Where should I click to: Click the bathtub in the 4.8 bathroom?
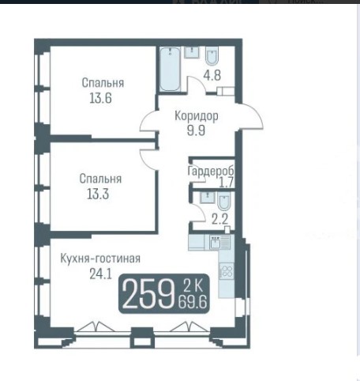point(170,70)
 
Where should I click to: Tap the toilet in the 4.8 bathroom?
point(212,56)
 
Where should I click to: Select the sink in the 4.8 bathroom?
point(192,52)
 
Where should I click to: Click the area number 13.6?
point(100,98)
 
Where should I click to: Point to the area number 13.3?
point(98,194)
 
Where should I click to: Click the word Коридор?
point(197,116)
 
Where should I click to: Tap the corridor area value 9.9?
point(196,130)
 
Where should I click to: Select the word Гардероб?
point(211,172)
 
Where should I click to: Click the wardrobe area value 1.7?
point(227,183)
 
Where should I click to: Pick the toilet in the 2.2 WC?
point(224,201)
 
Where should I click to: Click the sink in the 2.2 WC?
point(208,198)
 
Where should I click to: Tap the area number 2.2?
point(219,219)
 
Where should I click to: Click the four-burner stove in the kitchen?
point(227,271)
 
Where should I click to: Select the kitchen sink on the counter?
point(216,242)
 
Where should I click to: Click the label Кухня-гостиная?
point(100,258)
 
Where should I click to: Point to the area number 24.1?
point(101,274)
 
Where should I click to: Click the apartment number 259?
point(148,293)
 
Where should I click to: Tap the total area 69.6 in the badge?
point(193,302)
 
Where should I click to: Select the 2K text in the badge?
point(193,285)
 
